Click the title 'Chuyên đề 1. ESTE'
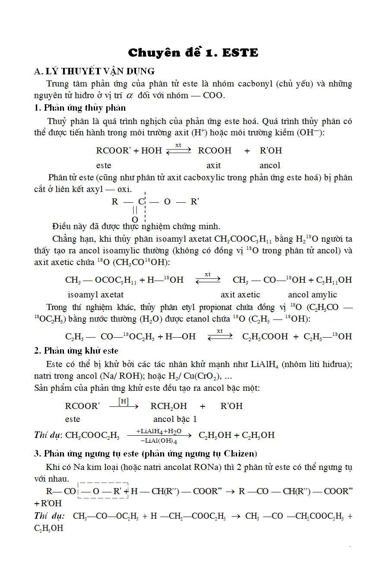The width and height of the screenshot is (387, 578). click(x=193, y=53)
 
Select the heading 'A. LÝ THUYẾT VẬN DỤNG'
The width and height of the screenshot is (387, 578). click(x=94, y=71)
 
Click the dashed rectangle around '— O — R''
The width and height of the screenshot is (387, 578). click(x=103, y=490)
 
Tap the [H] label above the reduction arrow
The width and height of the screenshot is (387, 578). click(x=124, y=401)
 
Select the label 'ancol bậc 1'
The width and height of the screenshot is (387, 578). click(x=175, y=419)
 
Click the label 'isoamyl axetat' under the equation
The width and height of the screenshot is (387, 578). click(x=95, y=295)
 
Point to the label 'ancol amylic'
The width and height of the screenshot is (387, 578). click(x=312, y=295)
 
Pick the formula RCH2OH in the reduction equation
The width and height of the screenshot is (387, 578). click(x=168, y=406)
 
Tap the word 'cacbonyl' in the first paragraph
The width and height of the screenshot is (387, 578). click(x=255, y=83)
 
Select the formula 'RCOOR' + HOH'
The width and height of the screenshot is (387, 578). click(x=129, y=150)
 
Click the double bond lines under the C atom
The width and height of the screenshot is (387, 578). click(x=135, y=210)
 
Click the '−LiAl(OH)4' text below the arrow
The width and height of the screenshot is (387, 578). click(x=159, y=441)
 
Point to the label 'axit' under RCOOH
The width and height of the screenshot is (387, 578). click(x=213, y=165)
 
